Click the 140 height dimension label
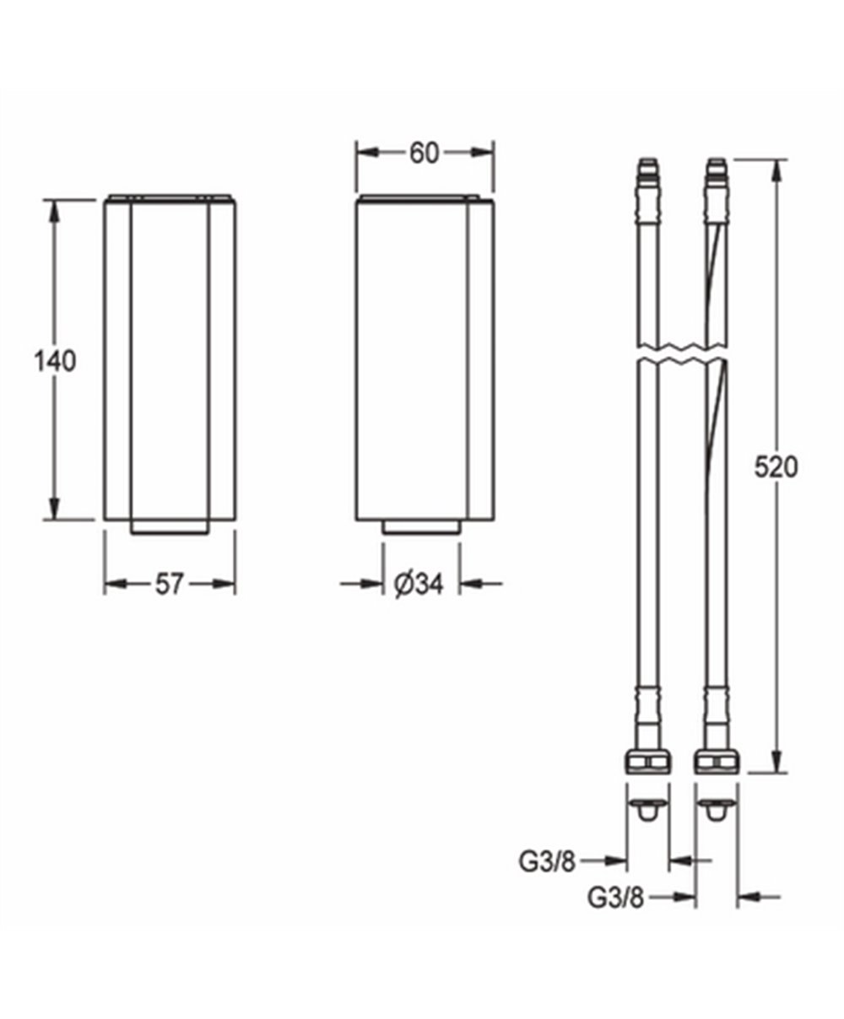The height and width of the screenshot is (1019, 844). click(55, 362)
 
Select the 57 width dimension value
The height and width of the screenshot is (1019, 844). click(169, 585)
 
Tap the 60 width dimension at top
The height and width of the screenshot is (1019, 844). click(424, 154)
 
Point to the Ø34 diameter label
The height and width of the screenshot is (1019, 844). click(419, 585)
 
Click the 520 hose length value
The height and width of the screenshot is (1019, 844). click(776, 467)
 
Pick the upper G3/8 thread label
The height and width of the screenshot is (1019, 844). click(547, 862)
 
